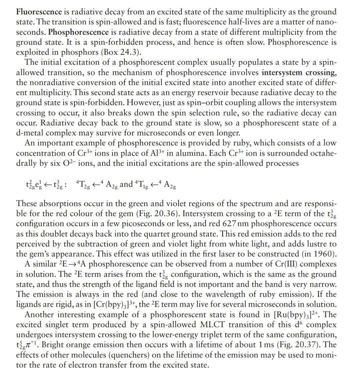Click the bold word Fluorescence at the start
(x=39, y=12)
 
